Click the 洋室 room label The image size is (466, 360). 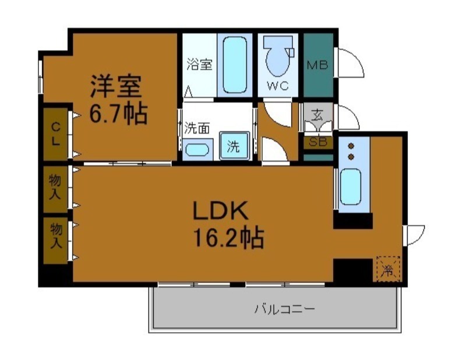115,88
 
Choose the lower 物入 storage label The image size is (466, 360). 55,235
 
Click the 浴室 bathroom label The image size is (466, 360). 199,64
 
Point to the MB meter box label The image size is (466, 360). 317,65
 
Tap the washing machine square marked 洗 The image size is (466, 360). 233,146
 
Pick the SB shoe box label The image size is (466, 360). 317,142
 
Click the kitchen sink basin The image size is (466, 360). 351,186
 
